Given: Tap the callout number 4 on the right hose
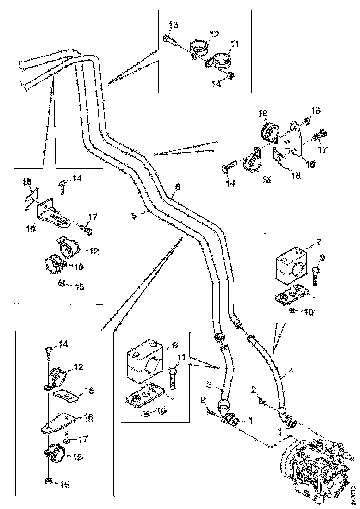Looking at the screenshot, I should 291,371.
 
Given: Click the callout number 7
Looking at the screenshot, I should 318,242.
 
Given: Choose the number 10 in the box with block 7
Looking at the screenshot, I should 309,312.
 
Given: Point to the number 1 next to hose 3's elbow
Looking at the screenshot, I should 251,421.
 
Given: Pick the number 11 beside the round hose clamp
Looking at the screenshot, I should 236,44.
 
